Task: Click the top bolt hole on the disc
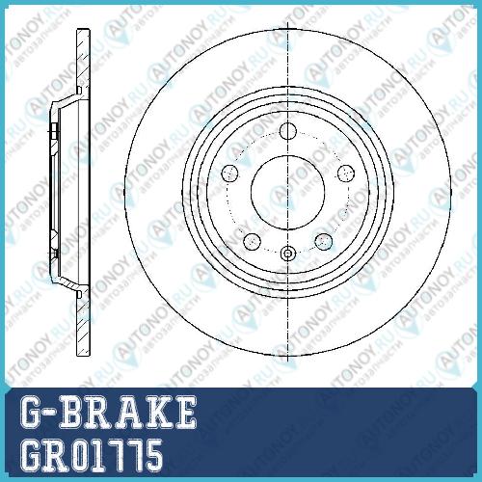pyautogui.click(x=287, y=131)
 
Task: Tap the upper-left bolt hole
pyautogui.click(x=230, y=174)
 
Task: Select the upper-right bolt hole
pyautogui.click(x=346, y=174)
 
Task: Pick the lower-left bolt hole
pyautogui.click(x=253, y=241)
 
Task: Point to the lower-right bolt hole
pyautogui.click(x=323, y=241)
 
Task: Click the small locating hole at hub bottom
pyautogui.click(x=287, y=254)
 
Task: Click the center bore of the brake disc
pyautogui.click(x=287, y=193)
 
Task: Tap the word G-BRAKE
pyautogui.click(x=108, y=412)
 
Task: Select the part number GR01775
pyautogui.click(x=92, y=456)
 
